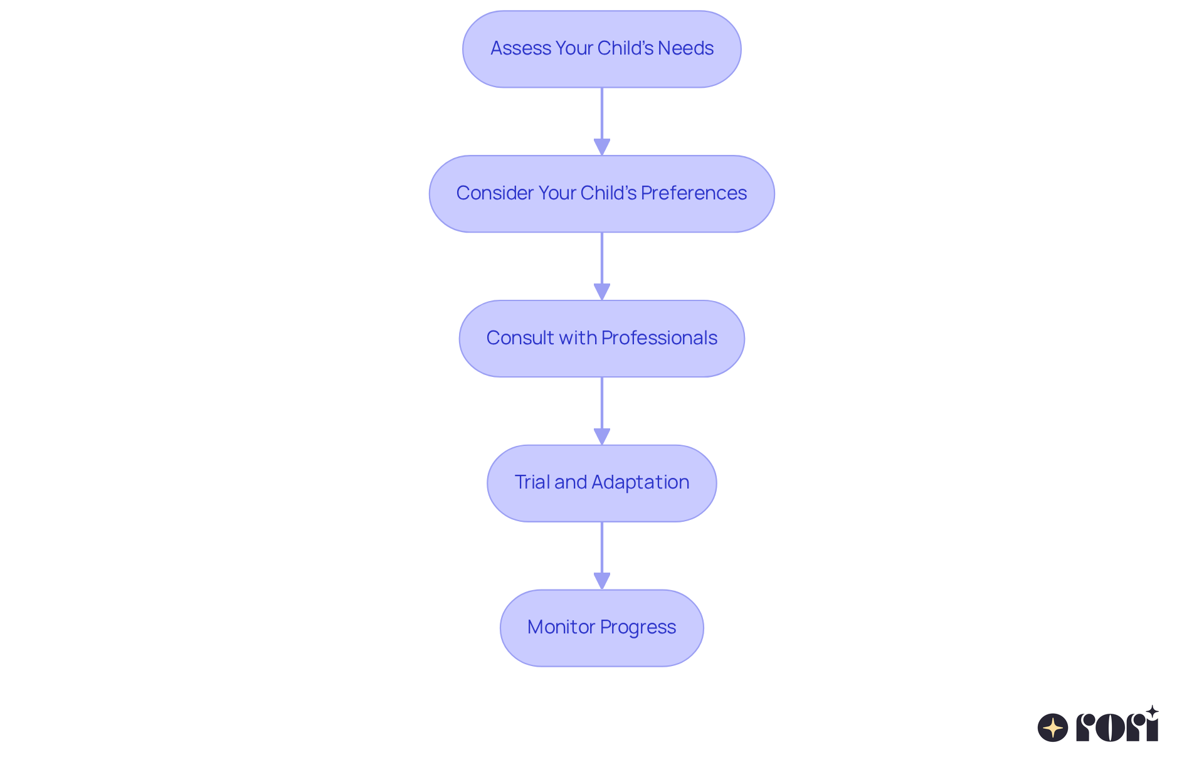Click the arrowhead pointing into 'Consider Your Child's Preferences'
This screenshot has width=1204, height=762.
[x=601, y=147]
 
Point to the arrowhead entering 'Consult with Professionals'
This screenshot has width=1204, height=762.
[x=601, y=292]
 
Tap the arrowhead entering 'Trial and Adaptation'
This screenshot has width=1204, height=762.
[x=601, y=437]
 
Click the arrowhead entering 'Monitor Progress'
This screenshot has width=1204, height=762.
[x=601, y=581]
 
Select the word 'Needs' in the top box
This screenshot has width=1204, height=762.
[x=685, y=48]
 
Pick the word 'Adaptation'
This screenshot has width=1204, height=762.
[x=640, y=482]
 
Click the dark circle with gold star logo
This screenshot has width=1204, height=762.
[x=1052, y=728]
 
